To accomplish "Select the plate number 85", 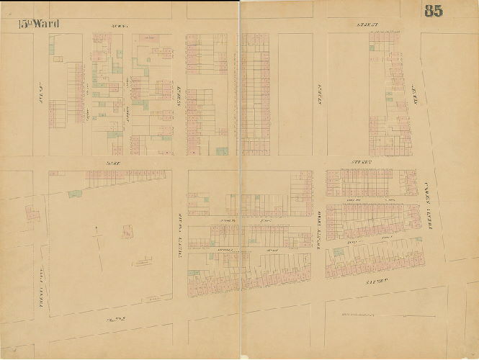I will (434, 11).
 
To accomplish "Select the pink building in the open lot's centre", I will (127, 232).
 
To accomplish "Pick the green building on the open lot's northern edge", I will (75, 193).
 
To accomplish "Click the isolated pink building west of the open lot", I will (32, 213).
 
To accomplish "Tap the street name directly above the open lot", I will (111, 164).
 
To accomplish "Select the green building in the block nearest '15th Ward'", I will (52, 48).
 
